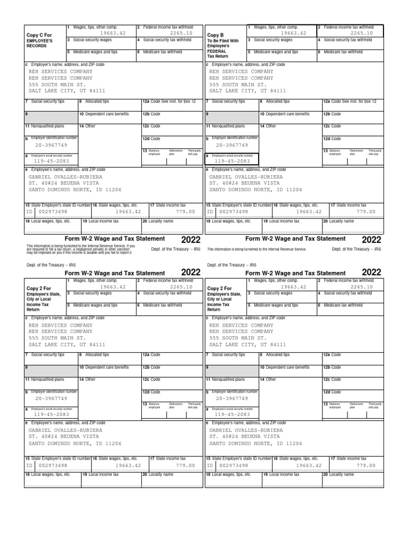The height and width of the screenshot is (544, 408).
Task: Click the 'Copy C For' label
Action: pos(39,35)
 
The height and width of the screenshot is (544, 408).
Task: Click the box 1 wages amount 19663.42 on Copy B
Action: pos(294,32)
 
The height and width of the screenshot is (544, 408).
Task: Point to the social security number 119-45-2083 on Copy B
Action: pos(232,161)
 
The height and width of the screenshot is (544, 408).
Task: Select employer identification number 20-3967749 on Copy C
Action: pos(51,145)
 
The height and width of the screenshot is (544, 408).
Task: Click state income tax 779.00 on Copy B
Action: pos(365,211)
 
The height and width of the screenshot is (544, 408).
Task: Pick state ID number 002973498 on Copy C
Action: pos(51,211)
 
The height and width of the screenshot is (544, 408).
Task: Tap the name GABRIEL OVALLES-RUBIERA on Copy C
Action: pos(65,176)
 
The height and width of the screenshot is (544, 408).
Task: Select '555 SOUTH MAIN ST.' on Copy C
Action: pos(57,84)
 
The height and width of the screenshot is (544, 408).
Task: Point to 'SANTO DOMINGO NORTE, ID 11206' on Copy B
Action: pos(256,190)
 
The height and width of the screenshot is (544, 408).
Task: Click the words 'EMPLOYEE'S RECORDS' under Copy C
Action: pos(39,43)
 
